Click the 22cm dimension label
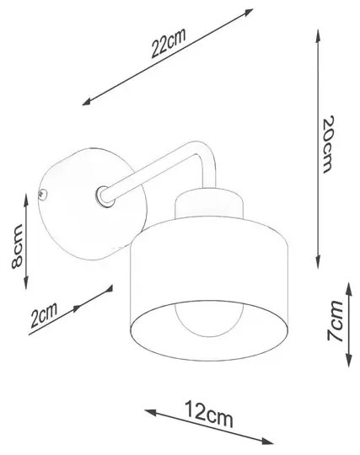[x=169, y=43]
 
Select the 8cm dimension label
[x=17, y=246]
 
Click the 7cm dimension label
[x=335, y=321]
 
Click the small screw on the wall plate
[x=42, y=193]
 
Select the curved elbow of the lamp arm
[x=207, y=156]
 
